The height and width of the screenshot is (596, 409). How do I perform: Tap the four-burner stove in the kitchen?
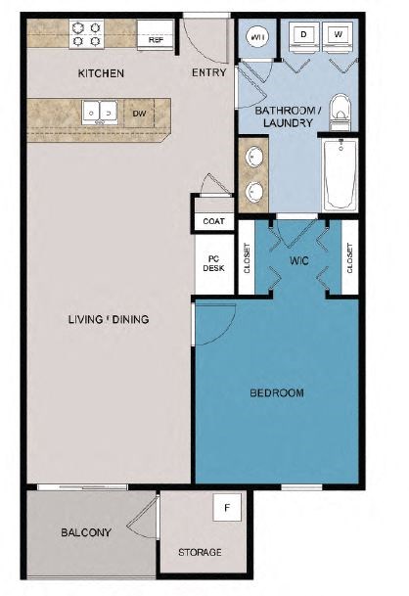[x=86, y=33]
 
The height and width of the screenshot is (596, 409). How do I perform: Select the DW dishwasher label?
[x=140, y=113]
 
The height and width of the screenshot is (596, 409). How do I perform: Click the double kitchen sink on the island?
[x=100, y=113]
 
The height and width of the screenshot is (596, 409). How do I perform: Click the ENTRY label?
[x=209, y=72]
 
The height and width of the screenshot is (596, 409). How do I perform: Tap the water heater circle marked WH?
[x=259, y=37]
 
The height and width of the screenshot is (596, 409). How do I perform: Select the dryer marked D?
[x=303, y=36]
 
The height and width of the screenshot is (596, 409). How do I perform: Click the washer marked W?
[x=340, y=36]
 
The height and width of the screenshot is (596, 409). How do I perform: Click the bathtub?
[x=341, y=174]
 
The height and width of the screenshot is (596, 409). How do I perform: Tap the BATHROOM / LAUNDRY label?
[x=284, y=117]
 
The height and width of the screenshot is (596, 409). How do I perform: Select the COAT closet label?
[x=213, y=221]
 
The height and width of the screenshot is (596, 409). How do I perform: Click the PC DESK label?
[x=213, y=262]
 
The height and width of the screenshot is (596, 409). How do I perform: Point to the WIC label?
[x=298, y=261]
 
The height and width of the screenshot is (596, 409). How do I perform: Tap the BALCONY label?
[x=86, y=532]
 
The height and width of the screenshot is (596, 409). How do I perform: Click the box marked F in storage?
[x=228, y=508]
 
